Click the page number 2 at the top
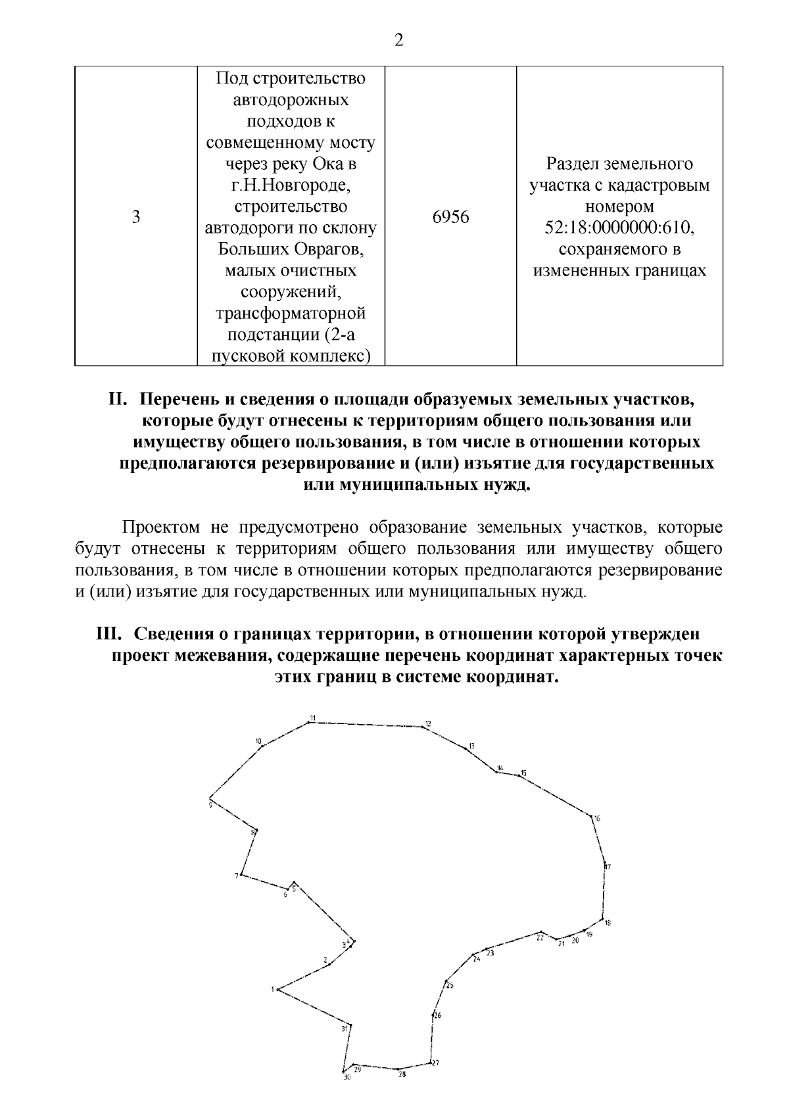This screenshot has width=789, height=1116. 398,41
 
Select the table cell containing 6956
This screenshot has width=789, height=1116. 450,217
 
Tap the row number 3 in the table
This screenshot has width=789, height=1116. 136,217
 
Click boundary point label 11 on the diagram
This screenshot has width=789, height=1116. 313,717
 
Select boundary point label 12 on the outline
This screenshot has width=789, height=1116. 427,724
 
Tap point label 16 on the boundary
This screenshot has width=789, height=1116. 597,819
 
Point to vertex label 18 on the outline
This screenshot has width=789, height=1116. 608,923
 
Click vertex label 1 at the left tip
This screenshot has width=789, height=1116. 272,989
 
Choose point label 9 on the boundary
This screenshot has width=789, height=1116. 210,804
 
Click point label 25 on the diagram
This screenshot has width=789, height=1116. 450,985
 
